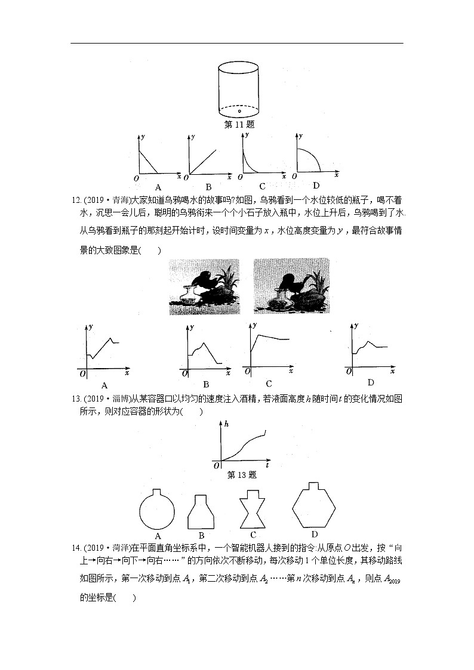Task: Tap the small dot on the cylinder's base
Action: point(239,111)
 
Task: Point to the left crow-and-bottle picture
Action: point(204,286)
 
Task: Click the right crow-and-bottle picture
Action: point(291,286)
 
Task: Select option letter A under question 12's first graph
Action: point(104,385)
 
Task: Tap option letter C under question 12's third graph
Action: point(269,384)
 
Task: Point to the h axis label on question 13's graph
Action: point(227,423)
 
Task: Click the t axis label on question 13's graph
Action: point(267,464)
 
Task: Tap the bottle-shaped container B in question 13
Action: point(201,511)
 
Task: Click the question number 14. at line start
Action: point(76,548)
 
